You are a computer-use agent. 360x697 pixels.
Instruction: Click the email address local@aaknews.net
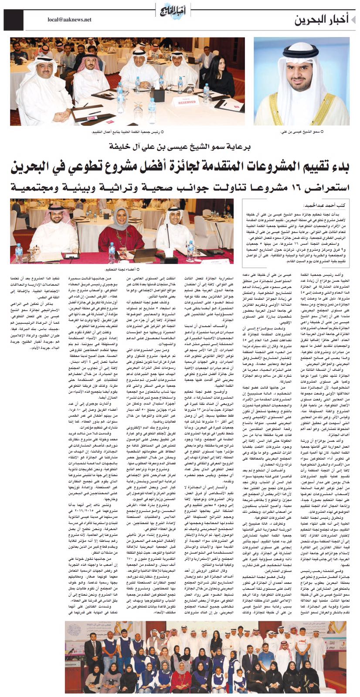(x=70, y=20)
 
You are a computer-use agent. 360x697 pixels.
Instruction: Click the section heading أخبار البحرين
(x=322, y=20)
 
